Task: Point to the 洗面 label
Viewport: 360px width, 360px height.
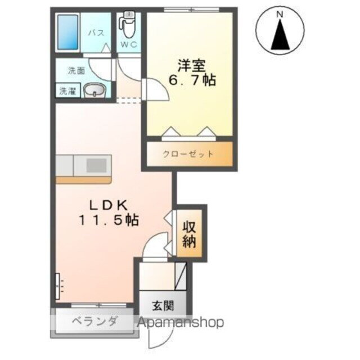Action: [76, 71]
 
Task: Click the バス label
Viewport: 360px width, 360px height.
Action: [96, 33]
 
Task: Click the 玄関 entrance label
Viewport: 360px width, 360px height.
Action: [162, 306]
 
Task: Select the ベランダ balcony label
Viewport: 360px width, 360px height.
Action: [94, 322]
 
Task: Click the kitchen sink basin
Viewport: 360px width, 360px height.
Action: [97, 165]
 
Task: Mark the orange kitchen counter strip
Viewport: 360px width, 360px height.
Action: [84, 179]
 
